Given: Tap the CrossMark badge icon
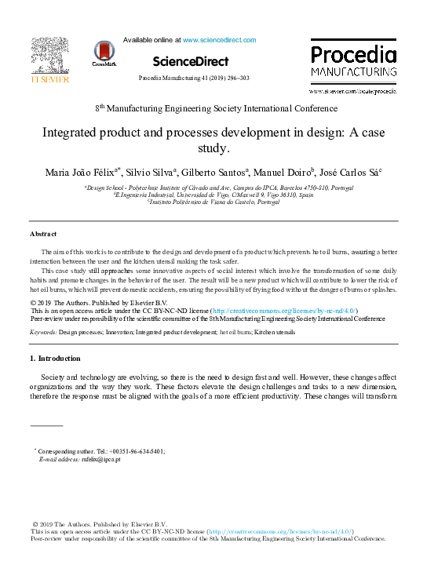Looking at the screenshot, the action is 103,53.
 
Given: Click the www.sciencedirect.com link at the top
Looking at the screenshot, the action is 219,39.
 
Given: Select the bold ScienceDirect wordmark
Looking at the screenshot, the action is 191,61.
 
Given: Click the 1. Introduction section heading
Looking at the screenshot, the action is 55,359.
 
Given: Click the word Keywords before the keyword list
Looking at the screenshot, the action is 42,333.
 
